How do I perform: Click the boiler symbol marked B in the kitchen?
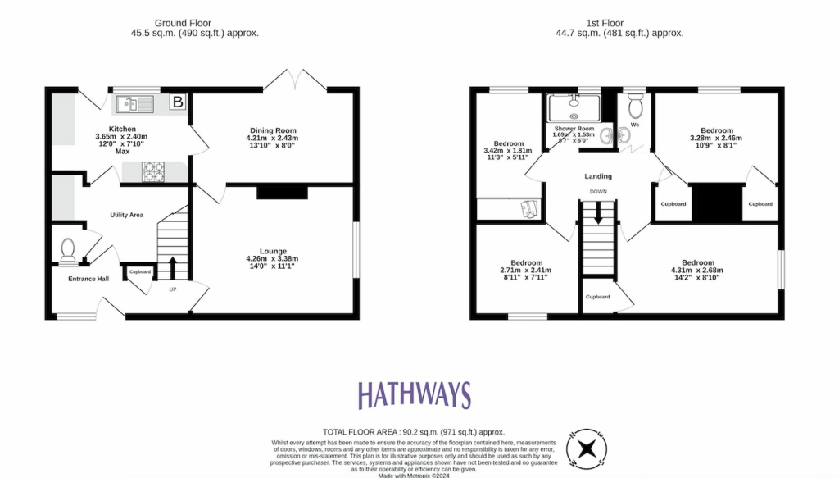tap(177, 102)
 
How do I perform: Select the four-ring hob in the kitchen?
tap(154, 171)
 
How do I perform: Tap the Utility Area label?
tap(127, 215)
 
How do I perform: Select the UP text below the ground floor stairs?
tap(172, 289)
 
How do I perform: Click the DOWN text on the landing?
tap(597, 192)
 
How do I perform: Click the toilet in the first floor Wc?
tap(633, 106)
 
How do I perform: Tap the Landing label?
tap(597, 176)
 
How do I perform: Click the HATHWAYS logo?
tap(413, 395)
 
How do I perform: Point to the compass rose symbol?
tap(586, 449)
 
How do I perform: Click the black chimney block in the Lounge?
tap(282, 193)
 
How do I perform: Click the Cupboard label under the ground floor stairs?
tap(138, 271)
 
